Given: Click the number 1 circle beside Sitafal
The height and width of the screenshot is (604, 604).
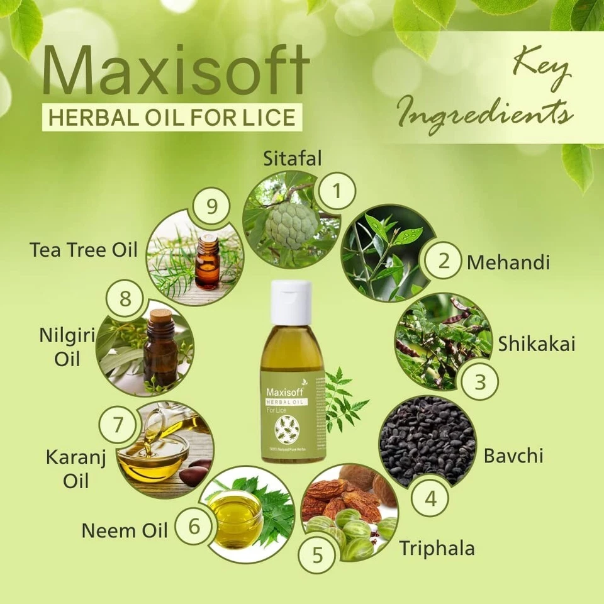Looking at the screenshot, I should (336, 190).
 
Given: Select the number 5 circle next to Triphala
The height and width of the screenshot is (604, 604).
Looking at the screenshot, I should (317, 554).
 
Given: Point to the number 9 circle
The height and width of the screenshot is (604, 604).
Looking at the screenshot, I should (211, 206).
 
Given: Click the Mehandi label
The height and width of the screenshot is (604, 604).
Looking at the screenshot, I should (508, 262).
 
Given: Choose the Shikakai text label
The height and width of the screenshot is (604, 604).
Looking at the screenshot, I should (537, 344).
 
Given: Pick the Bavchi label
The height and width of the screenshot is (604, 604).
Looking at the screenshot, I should (513, 455).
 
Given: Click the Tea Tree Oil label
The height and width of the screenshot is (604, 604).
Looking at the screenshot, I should (83, 249).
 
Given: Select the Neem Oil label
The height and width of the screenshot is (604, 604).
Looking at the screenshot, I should (125, 530).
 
